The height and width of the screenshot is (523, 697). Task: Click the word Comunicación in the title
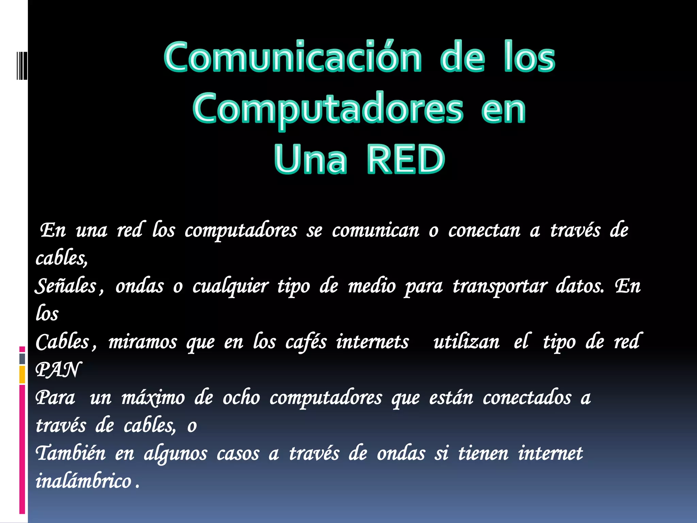[293, 57]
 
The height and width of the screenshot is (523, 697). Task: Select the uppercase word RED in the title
[406, 159]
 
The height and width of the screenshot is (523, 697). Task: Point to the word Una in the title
[310, 159]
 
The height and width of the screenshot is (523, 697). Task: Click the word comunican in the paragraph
[375, 231]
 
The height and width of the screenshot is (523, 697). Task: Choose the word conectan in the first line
[484, 231]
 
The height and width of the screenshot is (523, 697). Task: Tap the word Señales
[66, 286]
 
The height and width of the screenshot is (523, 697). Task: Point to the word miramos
[143, 342]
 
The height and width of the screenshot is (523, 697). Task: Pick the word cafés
[306, 342]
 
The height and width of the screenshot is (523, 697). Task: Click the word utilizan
[466, 342]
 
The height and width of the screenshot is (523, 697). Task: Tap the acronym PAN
[58, 370]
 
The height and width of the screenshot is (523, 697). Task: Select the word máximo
[153, 398]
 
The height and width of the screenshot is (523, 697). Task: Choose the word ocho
[241, 398]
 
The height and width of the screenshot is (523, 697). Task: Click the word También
[71, 454]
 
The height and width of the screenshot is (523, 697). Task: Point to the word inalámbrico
[83, 481]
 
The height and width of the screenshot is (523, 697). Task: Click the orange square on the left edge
[22, 375]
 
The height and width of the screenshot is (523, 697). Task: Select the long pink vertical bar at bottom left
[22, 449]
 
